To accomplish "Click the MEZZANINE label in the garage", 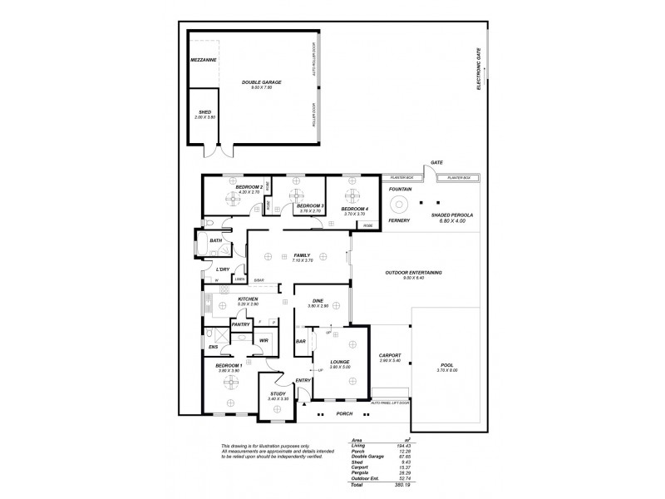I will tap(204, 61).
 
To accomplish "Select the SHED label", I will tap(204, 111).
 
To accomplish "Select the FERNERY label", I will tap(401, 220).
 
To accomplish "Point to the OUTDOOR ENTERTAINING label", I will tap(413, 273).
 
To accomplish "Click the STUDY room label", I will tap(277, 394).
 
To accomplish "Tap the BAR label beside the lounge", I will tap(301, 341).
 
